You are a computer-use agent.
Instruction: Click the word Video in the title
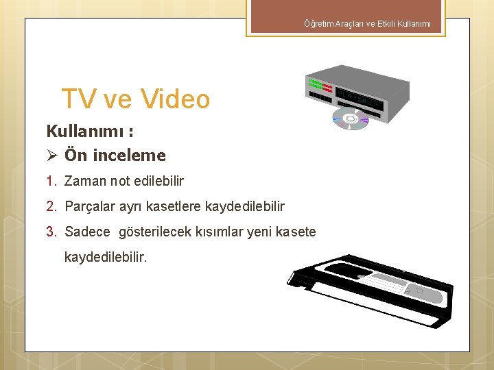(175, 99)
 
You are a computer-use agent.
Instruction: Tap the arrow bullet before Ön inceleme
(51, 156)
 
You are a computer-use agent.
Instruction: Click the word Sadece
(87, 232)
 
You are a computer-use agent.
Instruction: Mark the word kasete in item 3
(297, 232)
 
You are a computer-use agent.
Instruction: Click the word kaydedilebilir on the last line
(105, 258)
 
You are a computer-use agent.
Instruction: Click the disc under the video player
(351, 119)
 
